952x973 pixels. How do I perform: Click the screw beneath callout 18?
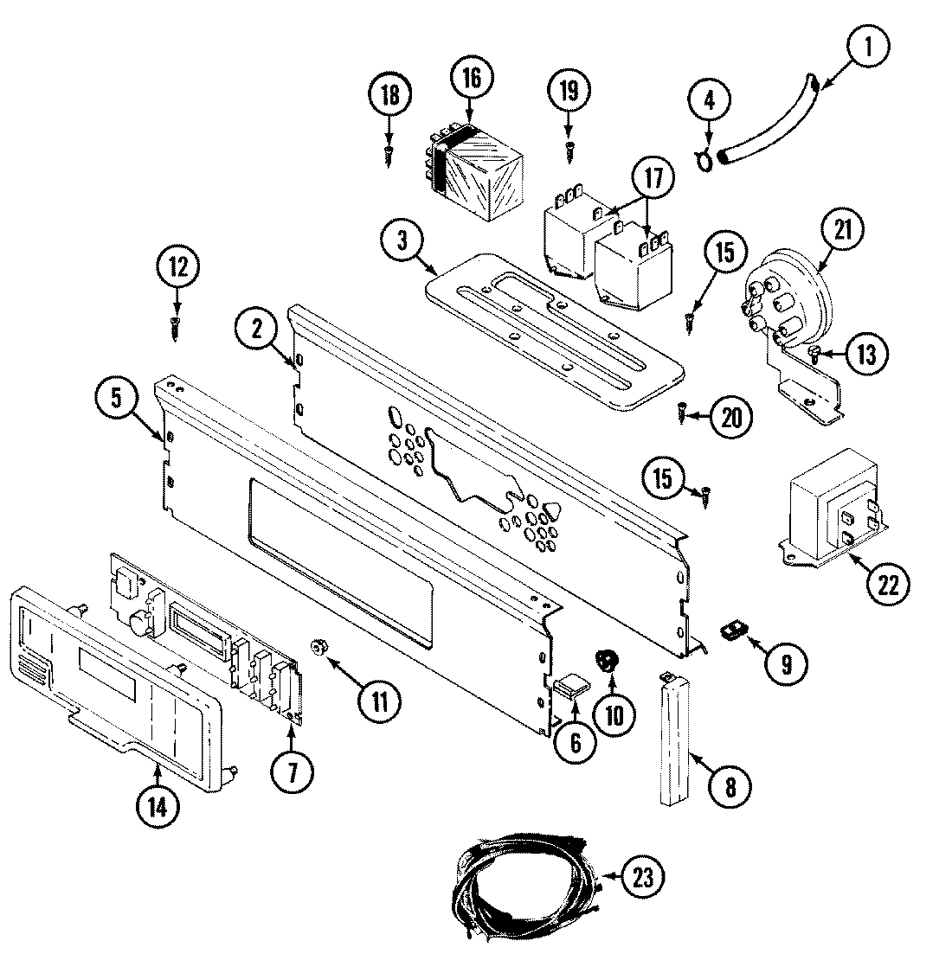[x=388, y=157]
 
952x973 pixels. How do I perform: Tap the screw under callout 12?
[x=177, y=326]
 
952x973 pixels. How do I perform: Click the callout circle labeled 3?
[x=402, y=241]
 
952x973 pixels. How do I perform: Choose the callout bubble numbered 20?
[x=730, y=417]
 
